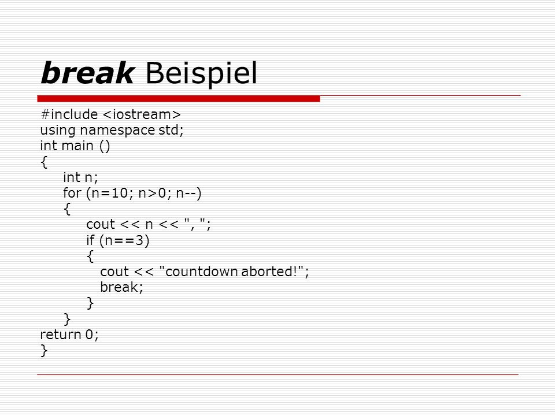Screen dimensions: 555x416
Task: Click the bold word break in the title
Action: click(87, 73)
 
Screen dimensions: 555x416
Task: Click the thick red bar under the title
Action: click(179, 99)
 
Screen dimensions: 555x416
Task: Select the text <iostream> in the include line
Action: click(142, 114)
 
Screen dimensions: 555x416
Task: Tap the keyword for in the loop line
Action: click(72, 193)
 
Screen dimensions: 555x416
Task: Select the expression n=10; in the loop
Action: click(112, 194)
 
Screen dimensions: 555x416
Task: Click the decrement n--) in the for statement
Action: click(188, 194)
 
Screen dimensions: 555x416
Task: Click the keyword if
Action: click(91, 240)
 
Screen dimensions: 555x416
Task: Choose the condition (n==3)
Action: click(125, 241)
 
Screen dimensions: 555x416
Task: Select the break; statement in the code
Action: click(121, 287)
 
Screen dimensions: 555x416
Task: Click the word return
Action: click(61, 335)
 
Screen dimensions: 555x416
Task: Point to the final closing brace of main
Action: click(44, 351)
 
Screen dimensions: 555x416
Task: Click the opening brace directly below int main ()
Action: click(44, 162)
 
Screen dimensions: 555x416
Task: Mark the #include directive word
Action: click(69, 114)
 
